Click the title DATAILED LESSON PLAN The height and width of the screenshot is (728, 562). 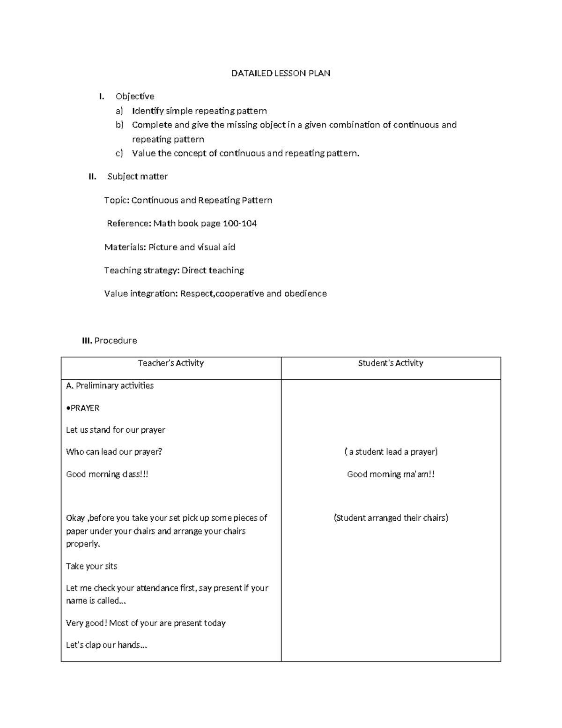[281, 73]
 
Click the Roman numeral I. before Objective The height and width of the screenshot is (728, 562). [101, 97]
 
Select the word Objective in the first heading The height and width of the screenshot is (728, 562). [135, 97]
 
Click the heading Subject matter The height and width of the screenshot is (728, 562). [138, 177]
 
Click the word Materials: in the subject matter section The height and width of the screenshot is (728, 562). [125, 247]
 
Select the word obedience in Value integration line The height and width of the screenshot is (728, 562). [305, 294]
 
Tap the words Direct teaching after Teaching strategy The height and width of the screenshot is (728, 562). [213, 270]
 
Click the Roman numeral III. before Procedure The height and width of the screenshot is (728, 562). [87, 341]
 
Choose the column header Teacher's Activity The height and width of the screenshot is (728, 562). [171, 363]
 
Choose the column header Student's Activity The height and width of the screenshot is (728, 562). [391, 363]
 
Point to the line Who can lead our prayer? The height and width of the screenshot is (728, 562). [114, 452]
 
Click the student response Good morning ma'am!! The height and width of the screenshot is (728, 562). [391, 474]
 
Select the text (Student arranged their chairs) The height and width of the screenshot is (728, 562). [391, 518]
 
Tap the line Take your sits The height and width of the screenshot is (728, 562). [92, 566]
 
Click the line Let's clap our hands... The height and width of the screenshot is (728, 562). [106, 645]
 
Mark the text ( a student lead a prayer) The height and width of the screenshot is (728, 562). [391, 452]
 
